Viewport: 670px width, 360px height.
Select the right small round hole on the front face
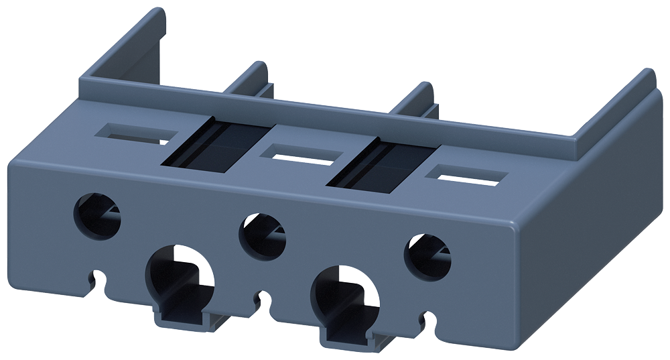[x=427, y=255]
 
